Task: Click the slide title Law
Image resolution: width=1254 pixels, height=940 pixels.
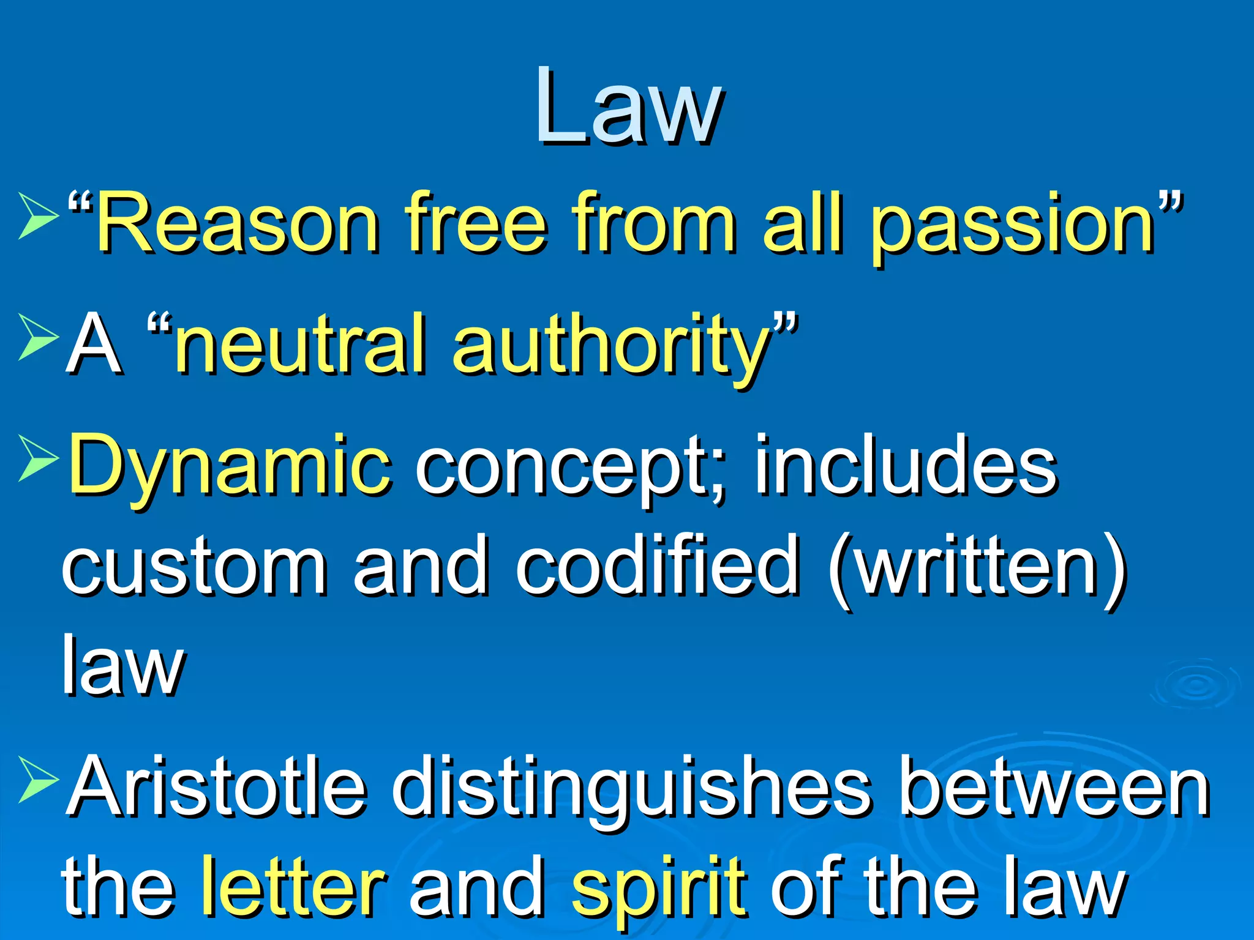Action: pos(629,107)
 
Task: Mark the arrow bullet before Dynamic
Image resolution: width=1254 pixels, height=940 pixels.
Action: pos(38,458)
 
